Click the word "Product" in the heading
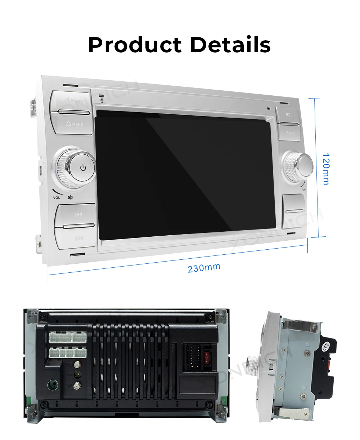[135, 45]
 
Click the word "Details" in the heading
[230, 45]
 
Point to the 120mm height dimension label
[325, 169]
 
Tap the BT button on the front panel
[288, 115]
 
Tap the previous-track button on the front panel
[78, 214]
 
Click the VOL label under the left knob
[57, 198]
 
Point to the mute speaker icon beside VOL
[70, 197]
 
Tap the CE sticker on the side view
[326, 348]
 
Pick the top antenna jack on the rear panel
[76, 364]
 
